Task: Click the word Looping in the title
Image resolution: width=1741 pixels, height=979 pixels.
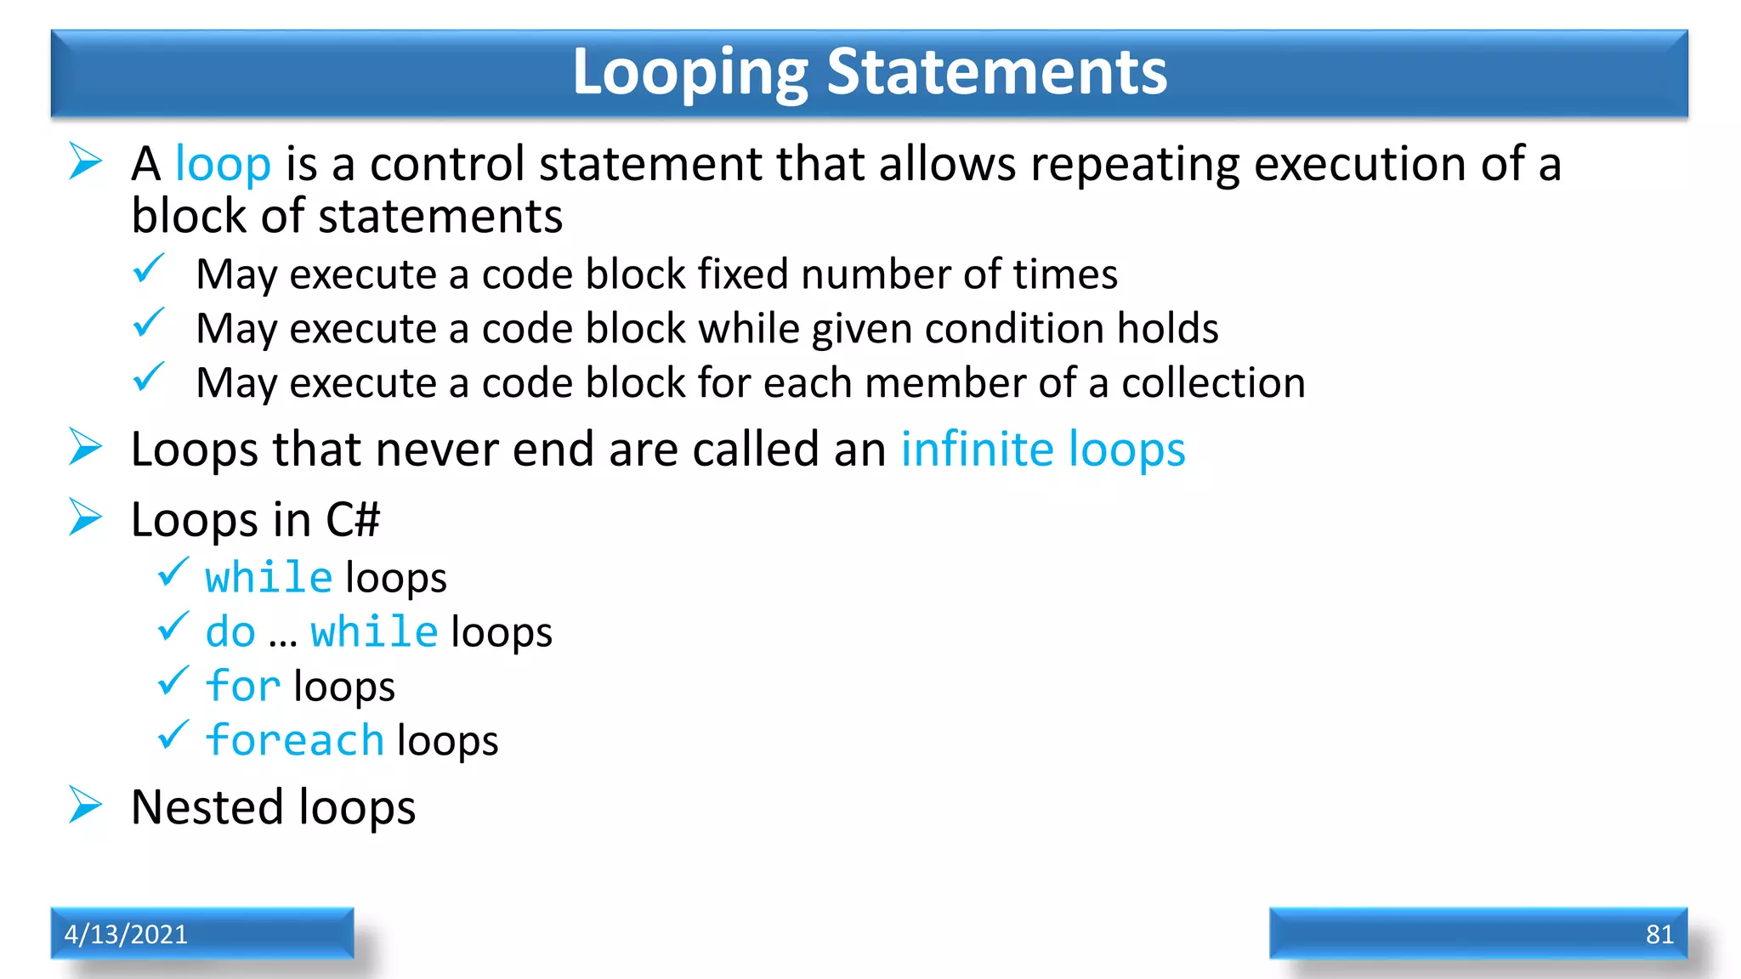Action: [689, 74]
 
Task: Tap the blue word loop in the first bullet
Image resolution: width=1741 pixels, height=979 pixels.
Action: [223, 164]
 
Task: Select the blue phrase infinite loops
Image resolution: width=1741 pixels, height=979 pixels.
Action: [1042, 450]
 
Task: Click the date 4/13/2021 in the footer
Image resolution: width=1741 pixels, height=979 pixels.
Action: [126, 934]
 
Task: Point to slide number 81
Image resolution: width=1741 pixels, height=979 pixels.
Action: [1659, 934]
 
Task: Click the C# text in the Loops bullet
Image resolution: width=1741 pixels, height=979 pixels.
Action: [353, 519]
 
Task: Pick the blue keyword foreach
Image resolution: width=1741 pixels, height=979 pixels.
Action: [295, 740]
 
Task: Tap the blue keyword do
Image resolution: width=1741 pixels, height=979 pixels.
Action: [230, 632]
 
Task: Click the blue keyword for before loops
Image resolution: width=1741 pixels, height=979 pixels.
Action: [243, 687]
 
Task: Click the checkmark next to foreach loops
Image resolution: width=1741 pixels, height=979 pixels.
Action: [173, 735]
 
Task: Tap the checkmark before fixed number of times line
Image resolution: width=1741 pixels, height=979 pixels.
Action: [149, 269]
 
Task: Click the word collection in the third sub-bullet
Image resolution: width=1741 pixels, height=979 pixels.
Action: [1213, 383]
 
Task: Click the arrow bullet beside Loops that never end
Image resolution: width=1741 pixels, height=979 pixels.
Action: [86, 447]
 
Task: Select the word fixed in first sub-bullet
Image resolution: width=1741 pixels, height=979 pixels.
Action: [743, 274]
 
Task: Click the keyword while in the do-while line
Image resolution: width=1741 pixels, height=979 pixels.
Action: [374, 632]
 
